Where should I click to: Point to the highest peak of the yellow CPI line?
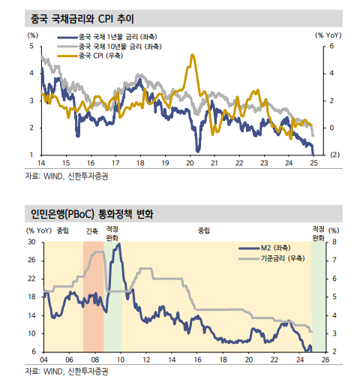pos(193,55)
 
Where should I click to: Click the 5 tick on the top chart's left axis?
pos(31,46)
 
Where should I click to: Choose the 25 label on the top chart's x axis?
pos(313,163)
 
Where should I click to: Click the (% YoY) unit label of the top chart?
pos(329,35)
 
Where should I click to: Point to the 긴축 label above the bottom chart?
pos(92,231)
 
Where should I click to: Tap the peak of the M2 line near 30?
pos(118,244)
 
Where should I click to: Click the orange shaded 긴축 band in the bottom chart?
pos(92,300)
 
